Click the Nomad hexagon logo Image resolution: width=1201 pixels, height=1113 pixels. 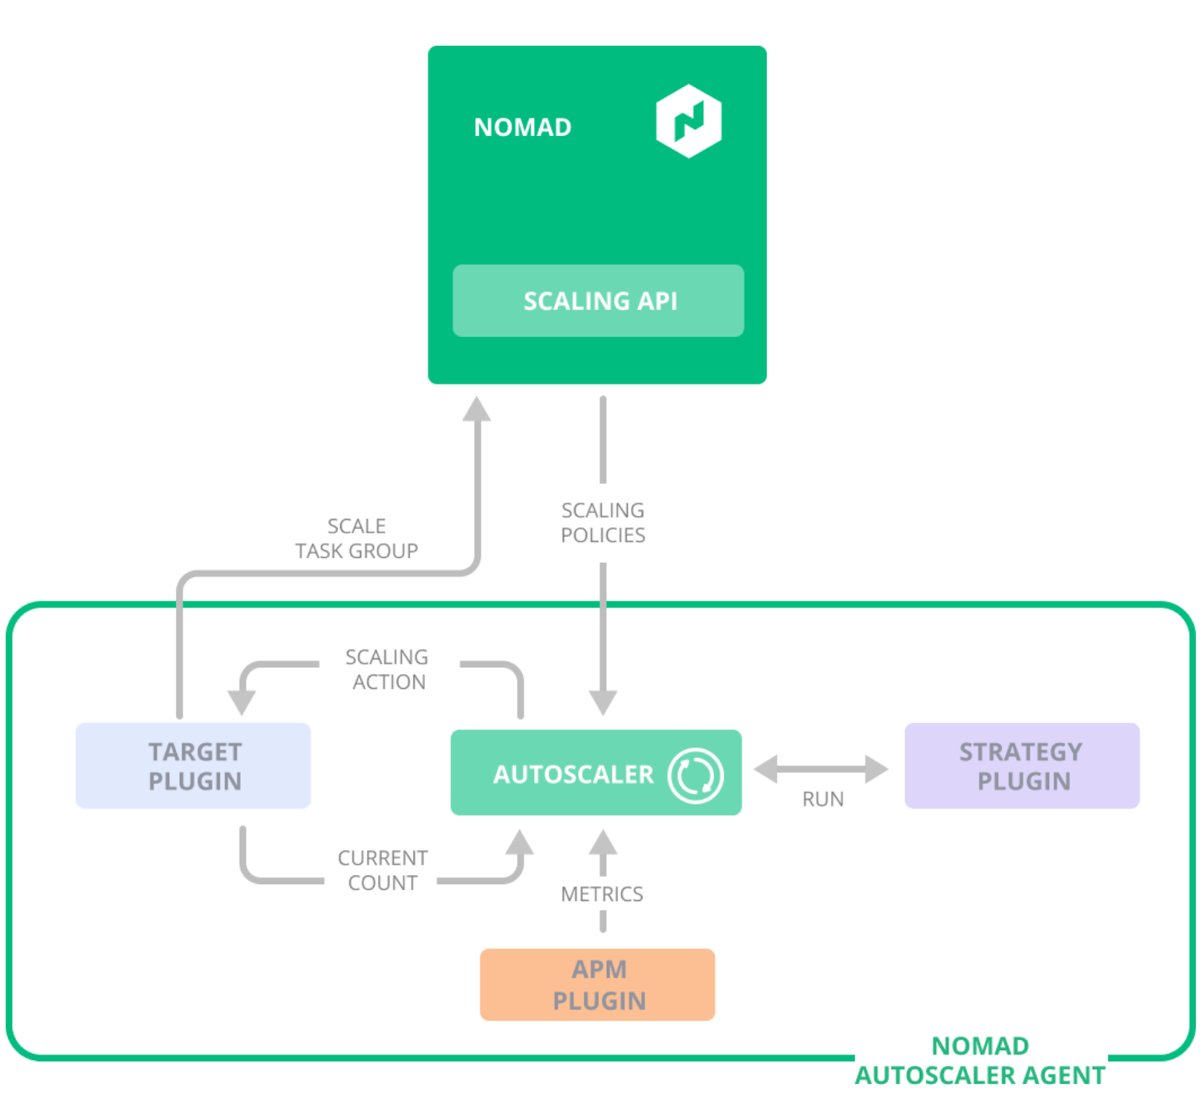pyautogui.click(x=689, y=121)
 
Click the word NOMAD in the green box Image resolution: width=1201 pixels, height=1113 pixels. pyautogui.click(x=522, y=127)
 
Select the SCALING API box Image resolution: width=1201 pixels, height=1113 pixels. pyautogui.click(x=598, y=301)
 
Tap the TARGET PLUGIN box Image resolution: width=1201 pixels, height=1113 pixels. pyautogui.click(x=193, y=765)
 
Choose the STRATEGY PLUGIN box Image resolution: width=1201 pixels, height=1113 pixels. pyautogui.click(x=1022, y=765)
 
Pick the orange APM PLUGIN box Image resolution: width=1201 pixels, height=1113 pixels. pyautogui.click(x=597, y=985)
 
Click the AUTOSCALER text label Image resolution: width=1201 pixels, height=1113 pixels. pyautogui.click(x=573, y=774)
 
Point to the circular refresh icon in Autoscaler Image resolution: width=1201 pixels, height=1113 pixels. pyautogui.click(x=695, y=774)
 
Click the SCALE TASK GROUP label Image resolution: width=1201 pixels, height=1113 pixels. pyautogui.click(x=356, y=538)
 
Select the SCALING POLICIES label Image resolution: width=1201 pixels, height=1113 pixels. pyautogui.click(x=603, y=522)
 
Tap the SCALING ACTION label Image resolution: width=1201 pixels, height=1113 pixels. pyautogui.click(x=388, y=669)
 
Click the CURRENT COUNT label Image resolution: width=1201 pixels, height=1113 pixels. pyautogui.click(x=383, y=870)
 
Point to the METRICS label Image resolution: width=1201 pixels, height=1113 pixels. pyautogui.click(x=602, y=894)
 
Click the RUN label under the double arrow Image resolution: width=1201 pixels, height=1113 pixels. pyautogui.click(x=822, y=799)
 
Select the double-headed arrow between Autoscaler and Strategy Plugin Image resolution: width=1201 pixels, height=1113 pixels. pyautogui.click(x=821, y=769)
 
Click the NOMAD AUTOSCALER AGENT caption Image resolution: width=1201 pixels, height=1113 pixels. pyautogui.click(x=980, y=1060)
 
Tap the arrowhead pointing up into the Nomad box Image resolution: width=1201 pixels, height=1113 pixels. pyautogui.click(x=477, y=409)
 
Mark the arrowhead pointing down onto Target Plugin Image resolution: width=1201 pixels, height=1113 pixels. pyautogui.click(x=241, y=701)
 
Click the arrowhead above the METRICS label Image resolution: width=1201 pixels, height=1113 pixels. pyautogui.click(x=603, y=843)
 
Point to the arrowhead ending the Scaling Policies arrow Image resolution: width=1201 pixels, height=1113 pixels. pyautogui.click(x=603, y=701)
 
